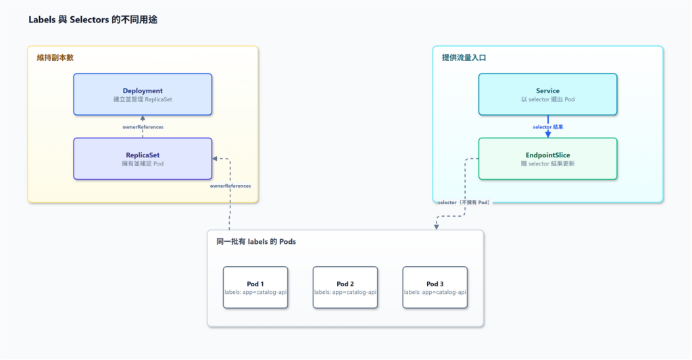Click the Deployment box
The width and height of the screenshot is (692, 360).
(x=143, y=95)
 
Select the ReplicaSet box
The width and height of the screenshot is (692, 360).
(x=143, y=159)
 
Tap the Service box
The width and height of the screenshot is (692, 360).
(x=547, y=95)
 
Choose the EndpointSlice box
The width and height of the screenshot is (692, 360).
(x=547, y=159)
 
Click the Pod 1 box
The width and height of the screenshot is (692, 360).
(x=255, y=287)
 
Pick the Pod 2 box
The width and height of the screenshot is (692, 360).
(x=345, y=287)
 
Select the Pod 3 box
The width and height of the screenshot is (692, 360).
(x=435, y=287)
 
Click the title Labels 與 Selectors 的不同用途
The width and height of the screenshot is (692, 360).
(x=93, y=20)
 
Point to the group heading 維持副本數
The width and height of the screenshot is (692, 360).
(x=55, y=58)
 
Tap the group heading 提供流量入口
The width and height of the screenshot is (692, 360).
(x=464, y=58)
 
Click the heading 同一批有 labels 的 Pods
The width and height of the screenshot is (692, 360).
(x=256, y=242)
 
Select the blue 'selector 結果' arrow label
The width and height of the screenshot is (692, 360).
(x=547, y=127)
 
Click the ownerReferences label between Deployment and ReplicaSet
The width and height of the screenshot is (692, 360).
(x=143, y=127)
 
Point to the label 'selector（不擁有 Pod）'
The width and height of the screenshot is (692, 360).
(x=464, y=203)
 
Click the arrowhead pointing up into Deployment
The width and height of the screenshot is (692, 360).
(x=143, y=118)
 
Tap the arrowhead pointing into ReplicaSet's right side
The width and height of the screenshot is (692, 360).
(x=215, y=158)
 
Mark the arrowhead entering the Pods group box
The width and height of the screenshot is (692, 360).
(x=436, y=227)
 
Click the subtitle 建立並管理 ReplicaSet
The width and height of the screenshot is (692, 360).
(x=143, y=99)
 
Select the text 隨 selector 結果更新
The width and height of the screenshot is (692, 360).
(x=547, y=163)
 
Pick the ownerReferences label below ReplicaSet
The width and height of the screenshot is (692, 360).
(x=230, y=186)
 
